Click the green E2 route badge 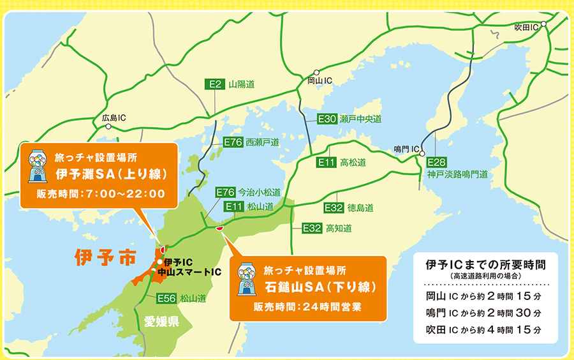pos(215,84)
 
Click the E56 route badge pos(166,298)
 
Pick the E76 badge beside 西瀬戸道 pos(233,142)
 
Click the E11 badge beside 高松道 pos(327,163)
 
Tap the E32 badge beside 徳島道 pos(334,208)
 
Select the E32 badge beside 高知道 pos(312,228)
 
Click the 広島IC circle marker pos(108,127)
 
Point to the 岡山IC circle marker pos(316,73)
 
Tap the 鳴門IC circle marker pos(422,153)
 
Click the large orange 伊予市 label pos(105,258)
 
